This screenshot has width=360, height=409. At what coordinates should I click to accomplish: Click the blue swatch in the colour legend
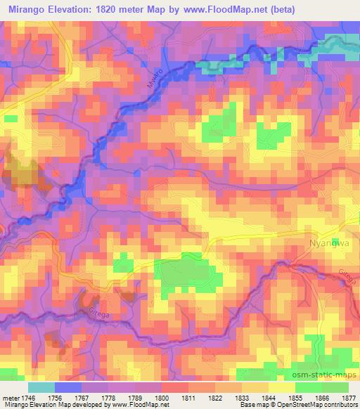[68, 387]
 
